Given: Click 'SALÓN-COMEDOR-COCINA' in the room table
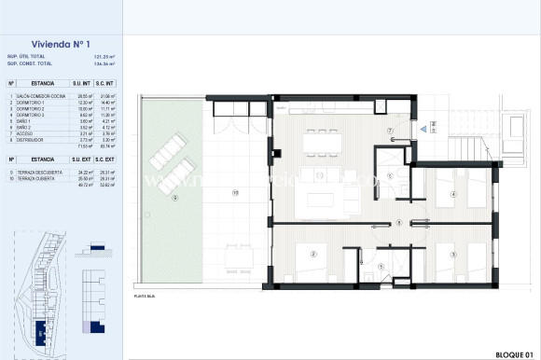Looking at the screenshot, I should click(x=38, y=95).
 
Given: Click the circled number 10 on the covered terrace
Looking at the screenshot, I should click(x=236, y=193).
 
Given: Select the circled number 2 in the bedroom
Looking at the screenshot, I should click(x=312, y=253).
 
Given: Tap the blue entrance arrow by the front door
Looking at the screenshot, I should click(x=423, y=130).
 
